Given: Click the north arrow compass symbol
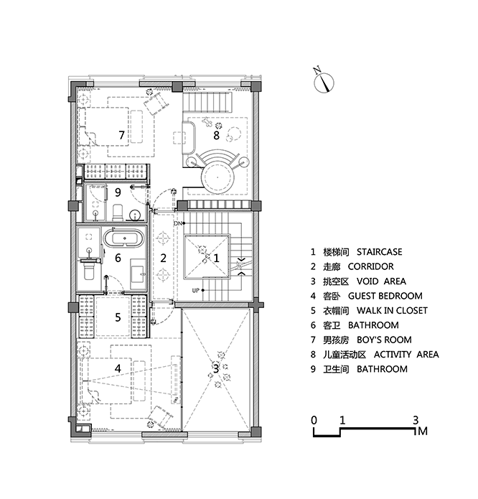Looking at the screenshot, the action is point(324,83).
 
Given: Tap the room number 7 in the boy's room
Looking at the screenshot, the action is point(121,135).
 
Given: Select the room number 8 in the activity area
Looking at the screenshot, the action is point(216,135).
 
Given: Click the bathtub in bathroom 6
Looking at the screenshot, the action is point(124,238).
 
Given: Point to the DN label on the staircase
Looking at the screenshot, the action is point(177,223).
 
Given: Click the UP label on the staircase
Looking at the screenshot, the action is point(196,290).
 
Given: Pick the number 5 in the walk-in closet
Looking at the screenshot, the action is point(118,317).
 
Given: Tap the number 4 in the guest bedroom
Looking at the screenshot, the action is point(118,368).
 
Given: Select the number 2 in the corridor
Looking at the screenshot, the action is point(163,258).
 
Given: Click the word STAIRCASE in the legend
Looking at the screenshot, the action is point(379,252).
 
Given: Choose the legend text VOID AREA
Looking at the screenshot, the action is point(381,281).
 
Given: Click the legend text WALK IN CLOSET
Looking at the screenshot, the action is point(392,311).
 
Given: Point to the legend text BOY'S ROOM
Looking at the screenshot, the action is point(384,340).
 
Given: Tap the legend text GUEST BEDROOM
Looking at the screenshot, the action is point(385,296).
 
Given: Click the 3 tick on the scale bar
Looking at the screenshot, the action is point(416,420).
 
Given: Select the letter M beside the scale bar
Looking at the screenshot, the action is point(423,432).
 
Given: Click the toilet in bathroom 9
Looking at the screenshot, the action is point(118,213).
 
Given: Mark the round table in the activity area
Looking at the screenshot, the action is point(217,177).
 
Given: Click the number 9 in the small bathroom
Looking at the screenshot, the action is point(118,192).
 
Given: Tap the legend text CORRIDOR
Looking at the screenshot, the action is point(370,266).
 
